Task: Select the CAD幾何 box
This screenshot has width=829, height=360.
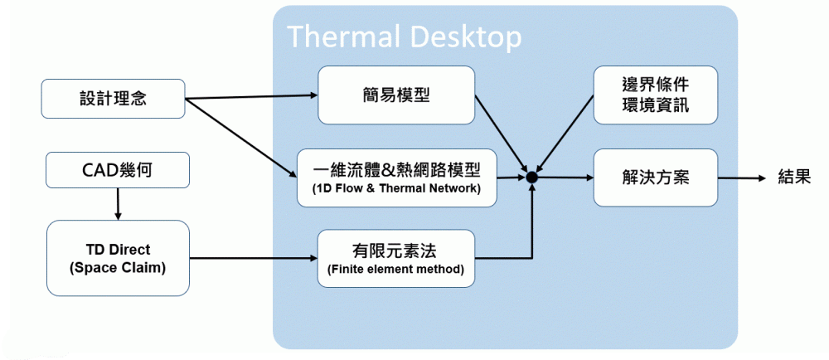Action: [x=118, y=171]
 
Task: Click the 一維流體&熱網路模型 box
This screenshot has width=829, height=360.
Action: [x=396, y=178]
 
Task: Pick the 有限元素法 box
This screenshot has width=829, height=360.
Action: [x=396, y=259]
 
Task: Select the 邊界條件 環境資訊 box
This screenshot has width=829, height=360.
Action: [x=655, y=95]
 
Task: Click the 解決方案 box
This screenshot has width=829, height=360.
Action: [x=655, y=178]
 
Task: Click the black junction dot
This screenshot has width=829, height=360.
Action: [x=532, y=178]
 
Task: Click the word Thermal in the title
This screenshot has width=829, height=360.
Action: [x=333, y=36]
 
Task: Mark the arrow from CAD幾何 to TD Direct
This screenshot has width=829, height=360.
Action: [x=118, y=204]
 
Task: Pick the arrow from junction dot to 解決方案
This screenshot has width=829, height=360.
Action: [x=564, y=178]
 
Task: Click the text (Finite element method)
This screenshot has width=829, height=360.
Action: [x=396, y=270]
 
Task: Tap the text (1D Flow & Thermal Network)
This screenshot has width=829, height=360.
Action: [x=396, y=188]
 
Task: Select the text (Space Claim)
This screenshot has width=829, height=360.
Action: [x=118, y=267]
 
